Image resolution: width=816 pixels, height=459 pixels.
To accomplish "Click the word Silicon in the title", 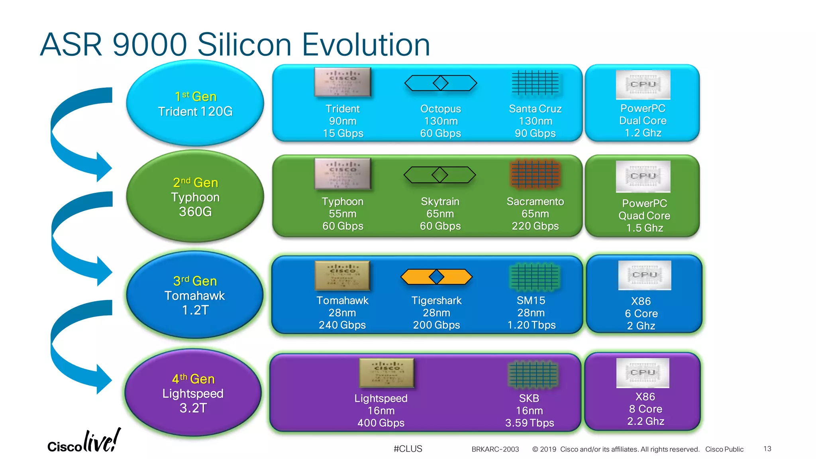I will (244, 45).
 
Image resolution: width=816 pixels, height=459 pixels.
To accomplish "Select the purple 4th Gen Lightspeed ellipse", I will (193, 393).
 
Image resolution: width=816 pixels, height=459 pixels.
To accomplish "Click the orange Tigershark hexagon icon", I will (436, 277).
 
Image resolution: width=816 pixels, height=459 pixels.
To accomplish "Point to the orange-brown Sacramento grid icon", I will (535, 174).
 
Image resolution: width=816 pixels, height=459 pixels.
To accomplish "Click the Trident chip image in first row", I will (343, 82).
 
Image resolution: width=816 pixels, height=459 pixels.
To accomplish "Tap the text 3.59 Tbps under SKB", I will (529, 423).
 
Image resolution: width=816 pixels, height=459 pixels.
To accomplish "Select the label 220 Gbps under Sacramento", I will (535, 226).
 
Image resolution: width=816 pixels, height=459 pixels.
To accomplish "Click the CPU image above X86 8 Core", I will (643, 373).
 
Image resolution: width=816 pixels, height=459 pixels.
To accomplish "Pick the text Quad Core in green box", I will (644, 216).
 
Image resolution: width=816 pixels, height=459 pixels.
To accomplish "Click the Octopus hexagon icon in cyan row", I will (440, 83).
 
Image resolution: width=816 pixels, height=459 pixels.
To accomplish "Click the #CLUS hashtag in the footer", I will (408, 449).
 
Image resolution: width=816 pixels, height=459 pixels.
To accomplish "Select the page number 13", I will (767, 449).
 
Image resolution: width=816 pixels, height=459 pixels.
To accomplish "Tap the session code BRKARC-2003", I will (495, 449).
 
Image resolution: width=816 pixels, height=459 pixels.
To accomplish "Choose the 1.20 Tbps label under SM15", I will (531, 325).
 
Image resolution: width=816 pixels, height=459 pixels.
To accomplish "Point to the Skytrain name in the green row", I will (440, 202).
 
